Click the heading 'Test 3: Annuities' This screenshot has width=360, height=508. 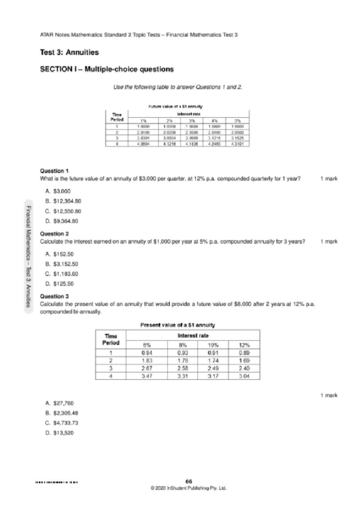(69, 52)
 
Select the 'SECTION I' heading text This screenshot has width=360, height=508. (107, 69)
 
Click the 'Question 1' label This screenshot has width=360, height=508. (54, 171)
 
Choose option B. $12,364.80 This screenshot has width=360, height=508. (63, 201)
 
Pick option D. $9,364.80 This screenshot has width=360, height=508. (61, 221)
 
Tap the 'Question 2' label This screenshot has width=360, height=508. (54, 234)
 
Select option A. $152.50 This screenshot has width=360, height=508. (59, 254)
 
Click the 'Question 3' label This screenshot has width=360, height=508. (54, 297)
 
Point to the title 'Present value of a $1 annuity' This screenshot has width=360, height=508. (178, 325)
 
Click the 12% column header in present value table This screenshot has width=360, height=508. (244, 345)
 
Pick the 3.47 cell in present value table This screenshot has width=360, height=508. (147, 376)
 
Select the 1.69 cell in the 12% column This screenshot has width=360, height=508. (244, 361)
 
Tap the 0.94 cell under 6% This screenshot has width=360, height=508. (147, 353)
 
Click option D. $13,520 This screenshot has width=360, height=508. (59, 433)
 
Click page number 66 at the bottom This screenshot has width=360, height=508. (189, 482)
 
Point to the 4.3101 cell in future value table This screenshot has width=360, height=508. (237, 144)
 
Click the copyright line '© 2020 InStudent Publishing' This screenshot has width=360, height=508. (189, 488)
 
